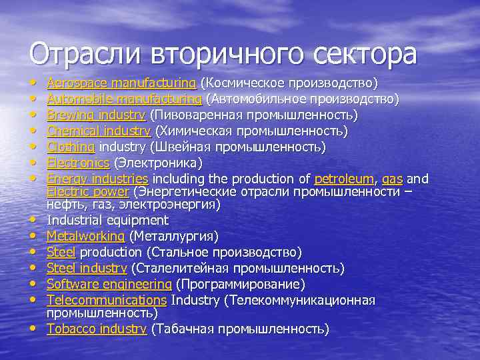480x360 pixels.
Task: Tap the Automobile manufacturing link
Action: (125, 99)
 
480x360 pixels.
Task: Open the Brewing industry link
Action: (96, 115)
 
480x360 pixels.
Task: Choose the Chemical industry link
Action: (99, 131)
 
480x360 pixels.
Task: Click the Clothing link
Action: (71, 147)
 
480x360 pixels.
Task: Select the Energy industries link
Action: (97, 179)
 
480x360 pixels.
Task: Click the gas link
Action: (392, 179)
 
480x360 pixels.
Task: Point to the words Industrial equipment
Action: (107, 220)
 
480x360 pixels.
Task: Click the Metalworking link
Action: (85, 236)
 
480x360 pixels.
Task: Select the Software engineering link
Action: (107, 285)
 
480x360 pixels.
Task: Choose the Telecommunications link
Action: (106, 301)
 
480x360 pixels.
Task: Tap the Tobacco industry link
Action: (97, 329)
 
